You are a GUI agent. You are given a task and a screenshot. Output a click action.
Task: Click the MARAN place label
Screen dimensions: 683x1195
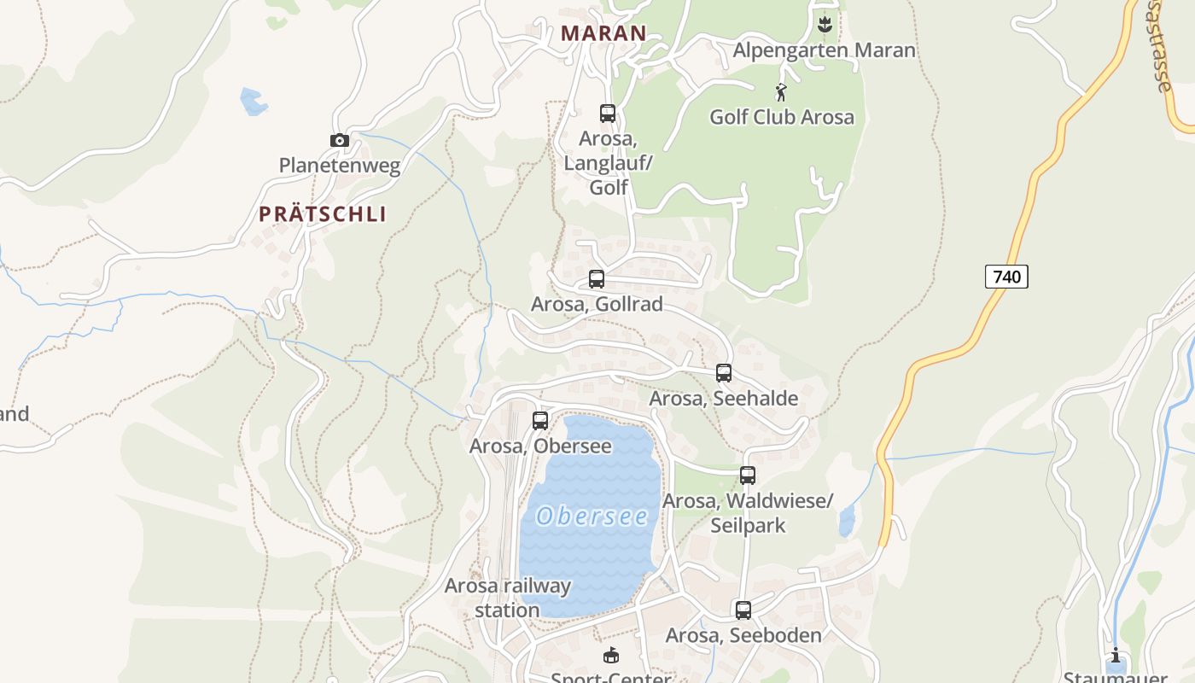point(603,33)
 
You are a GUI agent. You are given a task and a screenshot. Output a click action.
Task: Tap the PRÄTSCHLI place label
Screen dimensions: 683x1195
point(323,214)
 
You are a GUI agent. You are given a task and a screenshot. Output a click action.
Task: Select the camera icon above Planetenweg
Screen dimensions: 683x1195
point(340,141)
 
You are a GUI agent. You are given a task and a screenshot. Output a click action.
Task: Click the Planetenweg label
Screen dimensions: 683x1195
point(340,166)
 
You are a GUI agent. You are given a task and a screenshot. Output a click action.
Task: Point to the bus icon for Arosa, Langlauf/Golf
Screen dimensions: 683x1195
point(608,113)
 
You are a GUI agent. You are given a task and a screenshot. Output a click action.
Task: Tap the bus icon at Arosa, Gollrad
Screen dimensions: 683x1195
point(597,279)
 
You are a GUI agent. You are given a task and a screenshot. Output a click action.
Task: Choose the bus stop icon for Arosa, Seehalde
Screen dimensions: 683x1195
point(724,373)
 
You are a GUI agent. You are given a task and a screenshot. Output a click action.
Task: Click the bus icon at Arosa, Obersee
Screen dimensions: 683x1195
point(540,420)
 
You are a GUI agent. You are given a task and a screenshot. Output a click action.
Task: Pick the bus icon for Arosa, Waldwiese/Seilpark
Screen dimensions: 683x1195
point(748,476)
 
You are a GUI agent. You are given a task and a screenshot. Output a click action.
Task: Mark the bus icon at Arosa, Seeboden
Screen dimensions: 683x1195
point(743,610)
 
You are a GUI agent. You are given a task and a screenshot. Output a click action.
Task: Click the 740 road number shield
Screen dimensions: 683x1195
point(1006,277)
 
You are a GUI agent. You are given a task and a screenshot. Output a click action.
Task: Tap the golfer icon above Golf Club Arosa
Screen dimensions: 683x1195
point(780,92)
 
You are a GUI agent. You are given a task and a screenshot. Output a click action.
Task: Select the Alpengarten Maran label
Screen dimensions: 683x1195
point(824,50)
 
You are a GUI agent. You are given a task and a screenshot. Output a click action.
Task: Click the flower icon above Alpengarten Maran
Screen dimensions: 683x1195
point(825,24)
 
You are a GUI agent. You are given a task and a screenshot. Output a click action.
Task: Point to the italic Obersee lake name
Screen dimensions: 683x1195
point(592,517)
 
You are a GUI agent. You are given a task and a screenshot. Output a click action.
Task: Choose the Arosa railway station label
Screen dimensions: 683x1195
point(508,598)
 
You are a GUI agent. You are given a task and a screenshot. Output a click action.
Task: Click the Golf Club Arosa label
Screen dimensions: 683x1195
point(782,117)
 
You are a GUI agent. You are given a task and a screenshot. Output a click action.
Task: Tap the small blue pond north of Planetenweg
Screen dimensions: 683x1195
point(254,102)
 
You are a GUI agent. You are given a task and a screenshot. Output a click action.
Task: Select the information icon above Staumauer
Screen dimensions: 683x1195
point(1116,656)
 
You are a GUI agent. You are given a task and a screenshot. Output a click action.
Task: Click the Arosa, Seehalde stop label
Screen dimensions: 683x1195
point(724,398)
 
